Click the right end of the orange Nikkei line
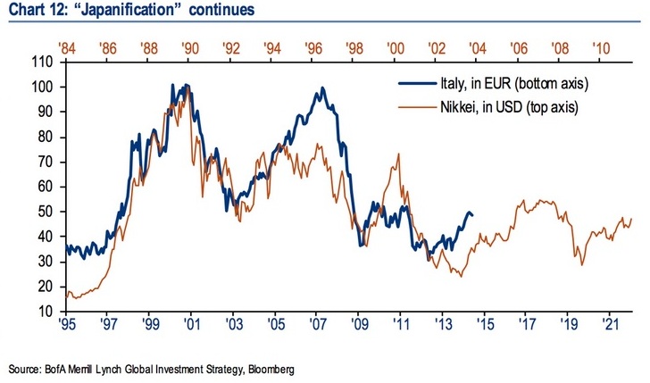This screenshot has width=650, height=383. click(632, 219)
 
